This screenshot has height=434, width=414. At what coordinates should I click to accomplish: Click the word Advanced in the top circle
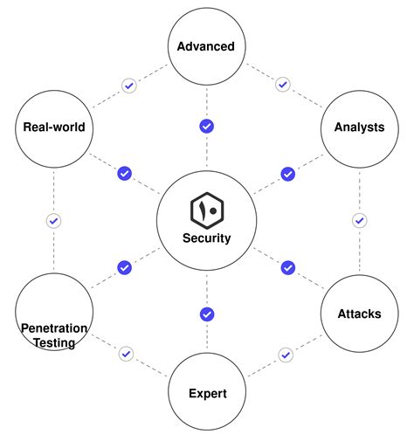[x=206, y=45]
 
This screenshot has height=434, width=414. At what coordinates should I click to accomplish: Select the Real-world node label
[x=54, y=127]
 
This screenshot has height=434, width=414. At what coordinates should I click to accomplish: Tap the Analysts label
[x=359, y=127]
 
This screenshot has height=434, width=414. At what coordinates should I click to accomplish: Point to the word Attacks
[x=359, y=313]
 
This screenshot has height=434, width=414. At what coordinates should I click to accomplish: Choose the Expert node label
[x=207, y=394]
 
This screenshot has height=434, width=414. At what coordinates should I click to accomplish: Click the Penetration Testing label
[x=54, y=335]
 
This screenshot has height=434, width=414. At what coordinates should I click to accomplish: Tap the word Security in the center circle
[x=207, y=237]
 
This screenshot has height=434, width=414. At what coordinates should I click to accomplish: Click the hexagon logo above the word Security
[x=207, y=210]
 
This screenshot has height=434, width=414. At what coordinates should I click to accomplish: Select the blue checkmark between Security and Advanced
[x=207, y=127]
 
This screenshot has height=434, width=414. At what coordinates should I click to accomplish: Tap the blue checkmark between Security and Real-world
[x=124, y=173]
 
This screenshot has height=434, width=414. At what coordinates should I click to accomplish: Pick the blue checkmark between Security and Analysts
[x=287, y=173]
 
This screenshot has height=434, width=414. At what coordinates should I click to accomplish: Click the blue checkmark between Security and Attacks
[x=287, y=267]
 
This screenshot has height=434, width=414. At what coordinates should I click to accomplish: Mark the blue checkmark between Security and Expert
[x=207, y=313]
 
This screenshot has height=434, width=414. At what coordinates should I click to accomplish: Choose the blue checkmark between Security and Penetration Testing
[x=124, y=267]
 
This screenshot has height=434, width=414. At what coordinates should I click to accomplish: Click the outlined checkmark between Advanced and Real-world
[x=129, y=86]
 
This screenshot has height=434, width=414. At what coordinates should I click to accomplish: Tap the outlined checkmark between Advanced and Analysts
[x=282, y=85]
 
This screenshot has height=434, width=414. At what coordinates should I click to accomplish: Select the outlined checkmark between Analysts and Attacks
[x=359, y=221]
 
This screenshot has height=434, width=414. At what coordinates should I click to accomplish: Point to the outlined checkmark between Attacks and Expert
[x=285, y=355]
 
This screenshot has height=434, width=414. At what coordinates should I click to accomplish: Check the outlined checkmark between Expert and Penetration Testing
[x=127, y=354]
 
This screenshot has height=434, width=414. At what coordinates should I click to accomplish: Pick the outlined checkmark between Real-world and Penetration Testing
[x=54, y=221]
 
